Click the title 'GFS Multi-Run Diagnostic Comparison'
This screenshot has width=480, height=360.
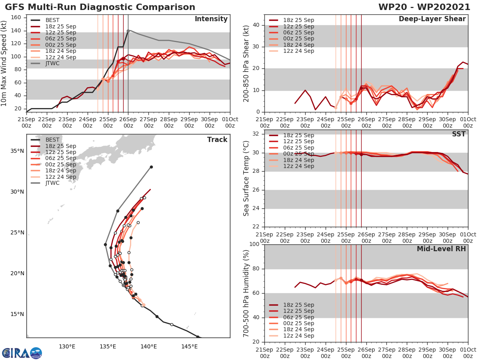(x=100, y=7)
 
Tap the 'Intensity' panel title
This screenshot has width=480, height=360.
(x=211, y=19)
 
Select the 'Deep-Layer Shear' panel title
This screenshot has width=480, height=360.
(x=432, y=19)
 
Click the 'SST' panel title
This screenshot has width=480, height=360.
(x=459, y=134)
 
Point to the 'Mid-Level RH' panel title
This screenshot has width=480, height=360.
(x=441, y=249)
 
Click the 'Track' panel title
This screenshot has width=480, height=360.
(x=217, y=140)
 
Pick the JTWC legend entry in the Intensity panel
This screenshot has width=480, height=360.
(x=52, y=63)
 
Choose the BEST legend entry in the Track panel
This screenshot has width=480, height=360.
(x=52, y=140)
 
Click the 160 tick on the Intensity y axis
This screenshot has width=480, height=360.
(x=17, y=18)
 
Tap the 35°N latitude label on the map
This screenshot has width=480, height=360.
(x=16, y=151)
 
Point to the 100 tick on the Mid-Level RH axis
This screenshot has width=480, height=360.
(x=254, y=244)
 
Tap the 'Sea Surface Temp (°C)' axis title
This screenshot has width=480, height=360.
(x=246, y=178)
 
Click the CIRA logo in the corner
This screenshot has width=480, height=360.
(x=22, y=353)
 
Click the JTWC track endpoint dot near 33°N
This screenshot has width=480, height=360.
(x=151, y=167)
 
